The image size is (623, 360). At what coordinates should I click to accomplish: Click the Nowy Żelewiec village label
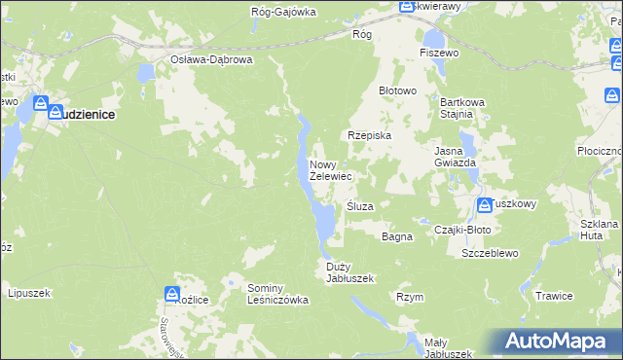pyautogui.click(x=330, y=171)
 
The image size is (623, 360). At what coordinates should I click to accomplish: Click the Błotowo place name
pyautogui.click(x=397, y=90)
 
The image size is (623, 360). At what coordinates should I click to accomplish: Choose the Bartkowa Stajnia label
pyautogui.click(x=457, y=108)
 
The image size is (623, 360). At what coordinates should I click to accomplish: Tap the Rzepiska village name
pyautogui.click(x=370, y=136)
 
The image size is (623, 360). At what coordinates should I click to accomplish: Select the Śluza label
pyautogui.click(x=360, y=206)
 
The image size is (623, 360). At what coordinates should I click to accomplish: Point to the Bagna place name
pyautogui.click(x=397, y=236)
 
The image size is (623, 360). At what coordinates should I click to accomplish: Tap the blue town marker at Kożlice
pyautogui.click(x=172, y=292)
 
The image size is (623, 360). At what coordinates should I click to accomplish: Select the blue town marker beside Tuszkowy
pyautogui.click(x=485, y=204)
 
